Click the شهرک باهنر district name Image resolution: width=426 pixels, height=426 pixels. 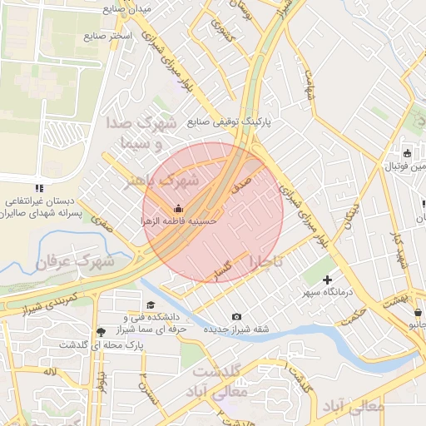(164, 181)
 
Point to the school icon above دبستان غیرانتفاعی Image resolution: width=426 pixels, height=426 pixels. (39, 188)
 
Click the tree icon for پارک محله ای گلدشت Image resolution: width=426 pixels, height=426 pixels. (102, 331)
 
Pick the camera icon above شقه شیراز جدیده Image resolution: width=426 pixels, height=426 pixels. (237, 316)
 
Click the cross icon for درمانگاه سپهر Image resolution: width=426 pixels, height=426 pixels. (327, 280)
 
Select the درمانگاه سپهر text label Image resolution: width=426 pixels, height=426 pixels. (328, 294)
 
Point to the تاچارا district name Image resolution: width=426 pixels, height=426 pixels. (265, 261)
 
